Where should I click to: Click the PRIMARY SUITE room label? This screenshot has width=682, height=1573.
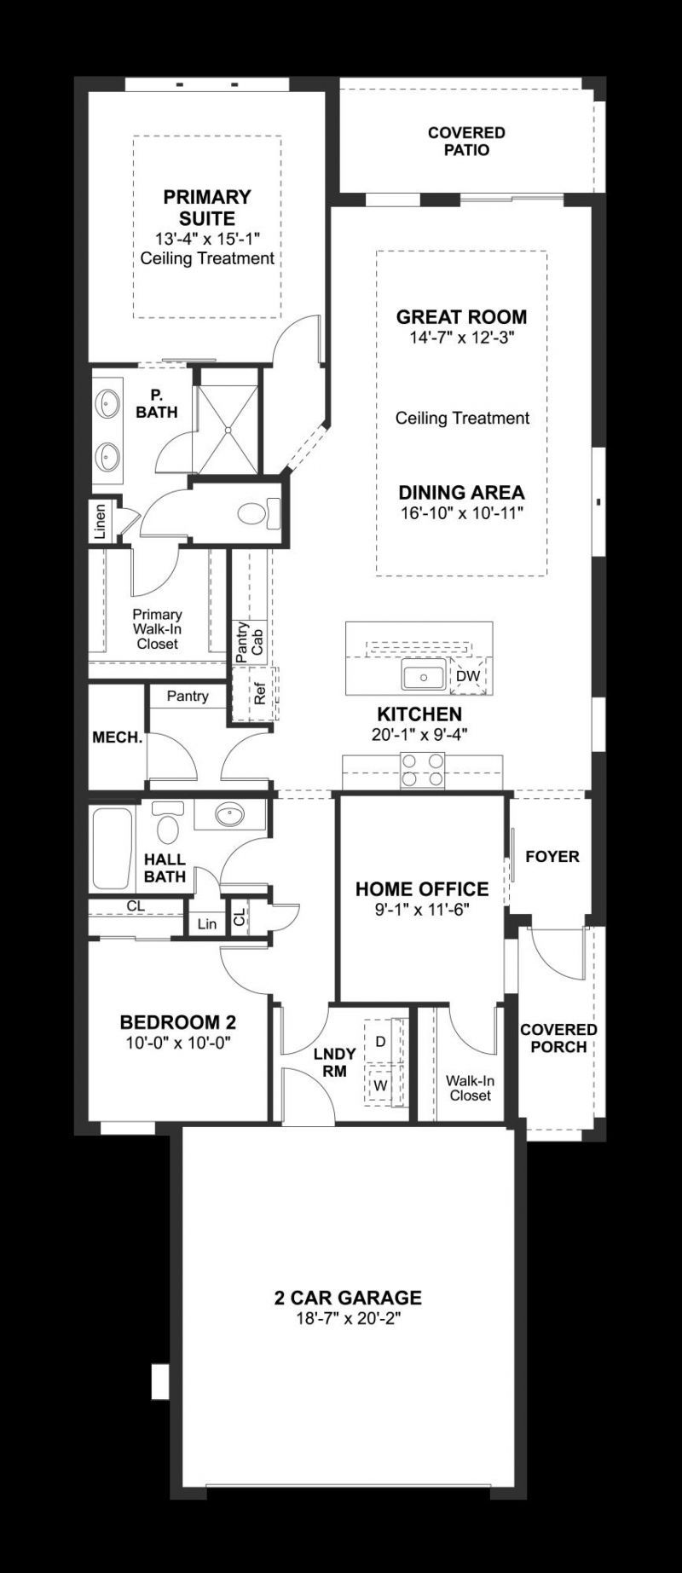point(207,207)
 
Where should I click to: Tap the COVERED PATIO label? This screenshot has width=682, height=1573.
point(466,142)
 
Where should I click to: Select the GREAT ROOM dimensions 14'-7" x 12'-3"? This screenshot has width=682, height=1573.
point(461,338)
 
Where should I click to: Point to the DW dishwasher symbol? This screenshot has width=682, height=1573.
point(468,676)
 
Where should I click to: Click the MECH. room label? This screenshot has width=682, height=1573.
point(117,737)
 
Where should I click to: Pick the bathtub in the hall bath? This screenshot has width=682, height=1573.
point(112,847)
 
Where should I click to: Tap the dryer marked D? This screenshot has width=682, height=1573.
point(380,1041)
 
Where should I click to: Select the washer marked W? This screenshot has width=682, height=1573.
point(380,1086)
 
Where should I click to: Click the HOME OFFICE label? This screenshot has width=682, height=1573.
point(422,889)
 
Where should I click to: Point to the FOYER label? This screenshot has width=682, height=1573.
point(552,856)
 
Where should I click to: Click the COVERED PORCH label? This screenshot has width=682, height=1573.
point(558,1038)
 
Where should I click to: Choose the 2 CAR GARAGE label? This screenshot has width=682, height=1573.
point(348,1298)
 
